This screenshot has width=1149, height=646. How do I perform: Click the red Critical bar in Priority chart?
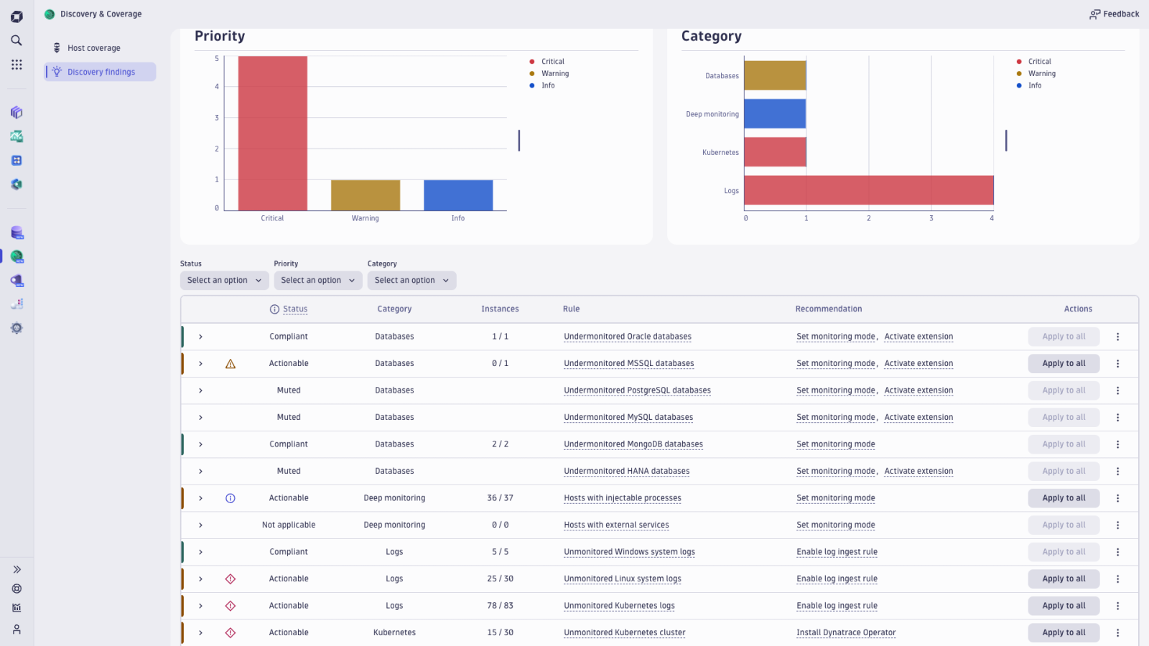pyautogui.click(x=272, y=134)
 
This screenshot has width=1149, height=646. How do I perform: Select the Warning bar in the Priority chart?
pyautogui.click(x=365, y=195)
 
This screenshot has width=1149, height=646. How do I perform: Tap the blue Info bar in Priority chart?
pyautogui.click(x=458, y=195)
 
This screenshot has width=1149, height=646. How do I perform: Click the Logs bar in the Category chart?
pyautogui.click(x=868, y=190)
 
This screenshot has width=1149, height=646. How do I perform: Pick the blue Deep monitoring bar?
pyautogui.click(x=774, y=114)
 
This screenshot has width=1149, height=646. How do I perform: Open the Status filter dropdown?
pyautogui.click(x=224, y=281)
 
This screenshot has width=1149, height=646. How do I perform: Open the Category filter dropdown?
pyautogui.click(x=411, y=281)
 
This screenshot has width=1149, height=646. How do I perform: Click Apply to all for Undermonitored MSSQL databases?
pyautogui.click(x=1064, y=364)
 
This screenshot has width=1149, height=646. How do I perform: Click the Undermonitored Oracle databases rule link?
pyautogui.click(x=627, y=337)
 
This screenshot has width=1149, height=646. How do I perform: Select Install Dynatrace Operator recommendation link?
pyautogui.click(x=845, y=633)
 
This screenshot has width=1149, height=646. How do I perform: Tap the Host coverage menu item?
pyautogui.click(x=93, y=48)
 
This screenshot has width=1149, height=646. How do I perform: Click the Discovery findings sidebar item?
pyautogui.click(x=101, y=72)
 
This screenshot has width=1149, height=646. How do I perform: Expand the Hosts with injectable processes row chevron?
pyautogui.click(x=200, y=498)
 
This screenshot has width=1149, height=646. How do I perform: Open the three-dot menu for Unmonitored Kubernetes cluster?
pyautogui.click(x=1117, y=633)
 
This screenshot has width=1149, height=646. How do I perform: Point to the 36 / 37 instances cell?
pyautogui.click(x=500, y=498)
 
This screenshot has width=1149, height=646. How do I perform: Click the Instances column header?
pyautogui.click(x=500, y=309)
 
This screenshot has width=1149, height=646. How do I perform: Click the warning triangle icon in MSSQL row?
pyautogui.click(x=231, y=364)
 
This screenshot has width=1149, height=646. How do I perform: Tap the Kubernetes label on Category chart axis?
pyautogui.click(x=720, y=153)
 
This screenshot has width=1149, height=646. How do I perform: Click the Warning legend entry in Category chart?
pyautogui.click(x=1041, y=74)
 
